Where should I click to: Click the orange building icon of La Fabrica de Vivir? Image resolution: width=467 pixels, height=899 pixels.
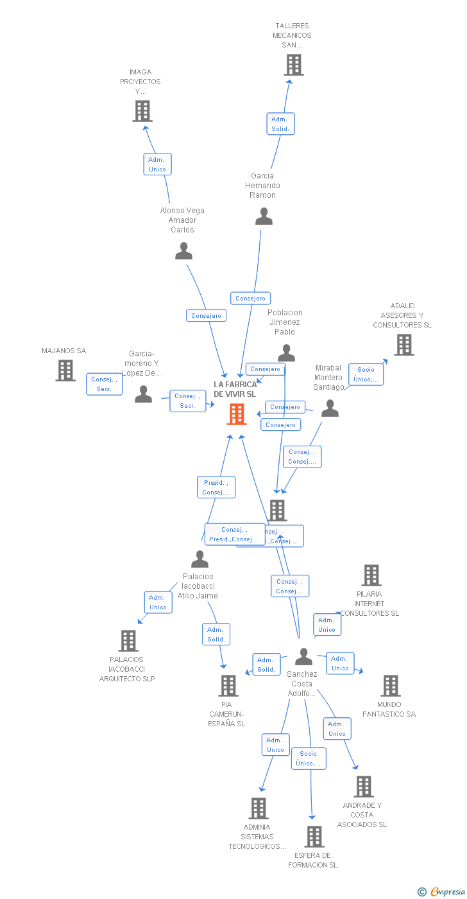pyautogui.click(x=237, y=414)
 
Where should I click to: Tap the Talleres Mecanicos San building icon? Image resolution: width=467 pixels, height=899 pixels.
pyautogui.click(x=294, y=65)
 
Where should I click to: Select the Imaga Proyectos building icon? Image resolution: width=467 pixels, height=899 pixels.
pyautogui.click(x=142, y=111)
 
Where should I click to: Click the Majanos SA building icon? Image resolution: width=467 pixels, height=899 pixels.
pyautogui.click(x=65, y=371)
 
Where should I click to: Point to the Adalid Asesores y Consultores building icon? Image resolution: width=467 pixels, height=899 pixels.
pyautogui.click(x=403, y=345)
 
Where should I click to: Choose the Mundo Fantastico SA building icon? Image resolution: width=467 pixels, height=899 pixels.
pyautogui.click(x=390, y=686)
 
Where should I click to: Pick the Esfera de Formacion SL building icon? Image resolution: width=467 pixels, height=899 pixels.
pyautogui.click(x=314, y=837)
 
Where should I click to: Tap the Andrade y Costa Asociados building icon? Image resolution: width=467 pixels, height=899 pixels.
pyautogui.click(x=363, y=787)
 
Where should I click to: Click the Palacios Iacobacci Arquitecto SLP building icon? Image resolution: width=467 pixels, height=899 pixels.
pyautogui.click(x=128, y=641)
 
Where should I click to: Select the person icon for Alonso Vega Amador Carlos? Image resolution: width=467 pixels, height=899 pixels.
pyautogui.click(x=183, y=251)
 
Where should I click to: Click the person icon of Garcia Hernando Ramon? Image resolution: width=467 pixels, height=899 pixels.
pyautogui.click(x=264, y=216)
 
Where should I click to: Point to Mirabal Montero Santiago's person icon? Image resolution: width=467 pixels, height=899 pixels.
pyautogui.click(x=330, y=408)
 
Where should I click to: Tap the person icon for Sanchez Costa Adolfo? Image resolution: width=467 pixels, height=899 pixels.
pyautogui.click(x=303, y=657)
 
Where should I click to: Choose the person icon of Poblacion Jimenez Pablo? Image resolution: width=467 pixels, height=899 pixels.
pyautogui.click(x=286, y=353)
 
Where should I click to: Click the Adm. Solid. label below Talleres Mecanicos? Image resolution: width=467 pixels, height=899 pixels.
pyautogui.click(x=280, y=124)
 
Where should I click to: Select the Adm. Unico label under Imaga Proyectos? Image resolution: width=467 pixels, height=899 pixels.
pyautogui.click(x=157, y=164)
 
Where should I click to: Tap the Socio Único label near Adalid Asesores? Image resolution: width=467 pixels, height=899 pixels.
pyautogui.click(x=366, y=374)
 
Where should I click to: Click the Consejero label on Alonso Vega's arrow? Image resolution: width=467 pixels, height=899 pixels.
pyautogui.click(x=206, y=315)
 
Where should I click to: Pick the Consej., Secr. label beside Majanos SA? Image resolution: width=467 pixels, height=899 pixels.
pyautogui.click(x=104, y=384)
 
